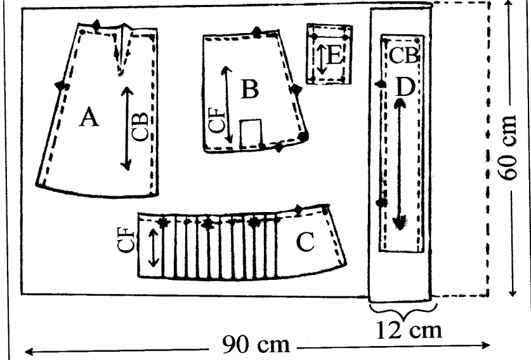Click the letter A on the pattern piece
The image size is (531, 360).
[x=89, y=117]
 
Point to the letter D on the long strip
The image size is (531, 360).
[x=404, y=87]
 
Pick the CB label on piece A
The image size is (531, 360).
[x=142, y=127]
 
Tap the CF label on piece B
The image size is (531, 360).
[x=216, y=120]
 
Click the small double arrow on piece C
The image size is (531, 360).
[x=154, y=247]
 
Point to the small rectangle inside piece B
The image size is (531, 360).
[x=252, y=132]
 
